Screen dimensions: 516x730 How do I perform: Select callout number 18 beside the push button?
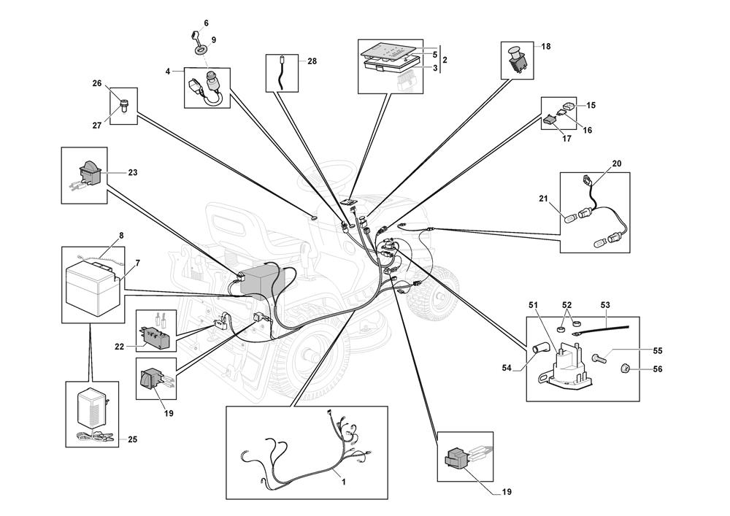546,46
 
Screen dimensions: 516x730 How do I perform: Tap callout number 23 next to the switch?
133,173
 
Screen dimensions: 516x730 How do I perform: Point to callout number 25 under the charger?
132,439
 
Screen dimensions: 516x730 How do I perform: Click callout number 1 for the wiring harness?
343,482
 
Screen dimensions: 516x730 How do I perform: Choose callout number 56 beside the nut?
658,370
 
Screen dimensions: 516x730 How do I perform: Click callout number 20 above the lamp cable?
616,163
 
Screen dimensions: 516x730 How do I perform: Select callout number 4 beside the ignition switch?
168,72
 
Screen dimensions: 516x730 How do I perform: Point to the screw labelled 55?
599,358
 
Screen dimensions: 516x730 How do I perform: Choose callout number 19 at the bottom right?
507,492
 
